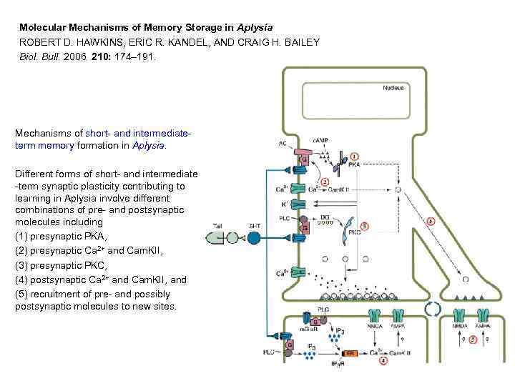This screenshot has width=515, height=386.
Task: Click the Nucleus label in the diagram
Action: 393,88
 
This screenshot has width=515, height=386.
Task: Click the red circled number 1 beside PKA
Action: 355,157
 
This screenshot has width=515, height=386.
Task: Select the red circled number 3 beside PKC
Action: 365,226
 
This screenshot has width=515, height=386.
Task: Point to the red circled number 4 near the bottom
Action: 384,361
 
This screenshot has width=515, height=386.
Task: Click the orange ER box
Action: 350,353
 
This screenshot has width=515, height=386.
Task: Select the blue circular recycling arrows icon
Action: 433,310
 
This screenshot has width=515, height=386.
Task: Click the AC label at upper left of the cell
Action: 283,144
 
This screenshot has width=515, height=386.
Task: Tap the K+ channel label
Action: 283,204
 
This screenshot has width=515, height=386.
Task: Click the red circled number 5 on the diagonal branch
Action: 430,222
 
